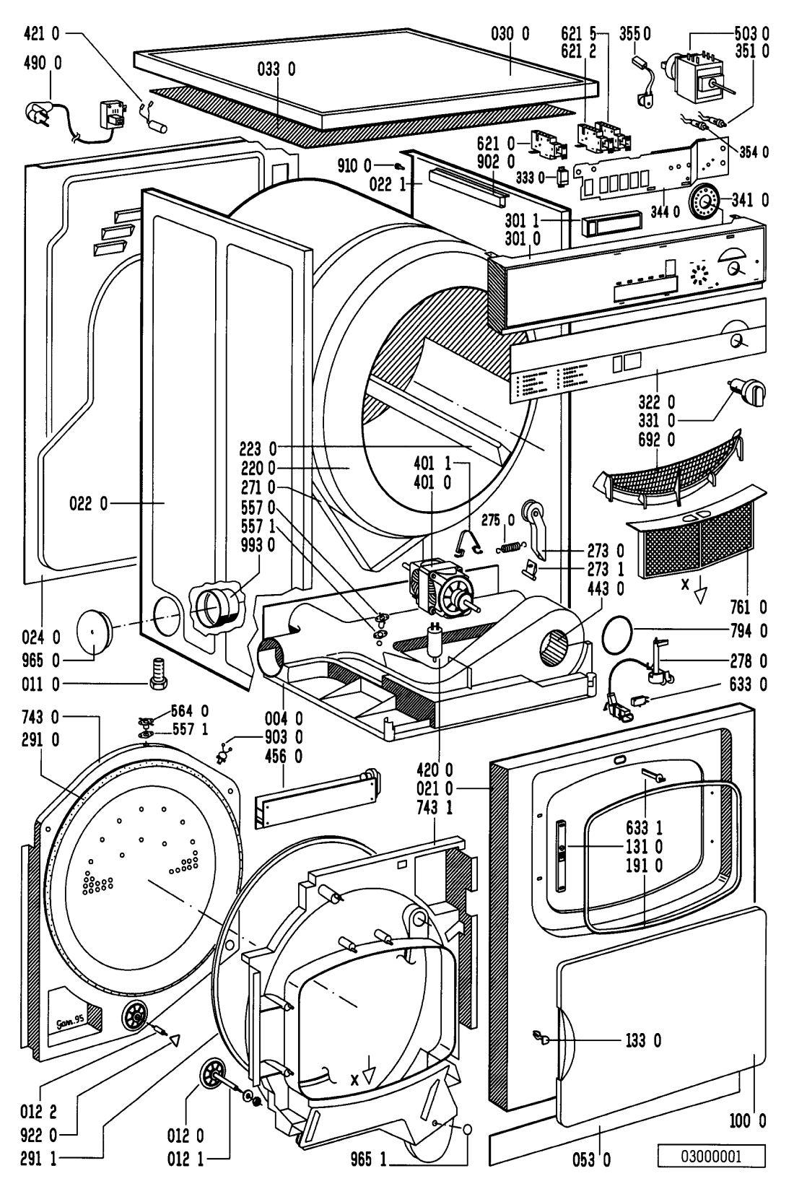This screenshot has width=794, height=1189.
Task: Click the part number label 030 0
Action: (511, 33)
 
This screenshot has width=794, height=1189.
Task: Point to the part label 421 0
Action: (43, 33)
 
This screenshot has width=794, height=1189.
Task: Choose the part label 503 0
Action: (752, 33)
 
